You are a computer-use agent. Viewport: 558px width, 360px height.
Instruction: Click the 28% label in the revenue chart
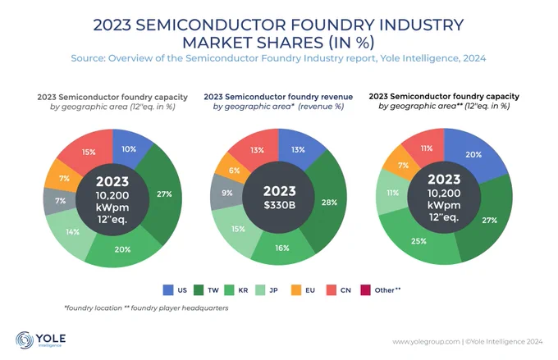(x=329, y=203)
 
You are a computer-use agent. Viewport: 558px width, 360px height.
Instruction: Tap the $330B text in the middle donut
(x=280, y=205)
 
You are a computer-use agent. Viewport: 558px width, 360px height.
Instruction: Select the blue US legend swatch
(x=168, y=290)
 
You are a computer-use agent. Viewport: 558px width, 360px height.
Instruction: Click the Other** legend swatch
(x=365, y=290)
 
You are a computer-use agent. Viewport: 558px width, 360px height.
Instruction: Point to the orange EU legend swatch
(x=296, y=290)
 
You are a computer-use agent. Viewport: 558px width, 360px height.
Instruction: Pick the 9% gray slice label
(x=227, y=193)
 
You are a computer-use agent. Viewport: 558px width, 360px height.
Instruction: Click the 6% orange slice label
(x=234, y=171)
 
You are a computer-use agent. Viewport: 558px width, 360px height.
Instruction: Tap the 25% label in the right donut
(x=418, y=241)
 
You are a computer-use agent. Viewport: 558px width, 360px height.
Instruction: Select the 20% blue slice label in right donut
(x=473, y=155)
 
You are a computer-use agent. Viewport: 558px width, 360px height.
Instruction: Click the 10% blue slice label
(x=129, y=149)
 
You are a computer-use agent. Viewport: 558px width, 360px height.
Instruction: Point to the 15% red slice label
(x=89, y=153)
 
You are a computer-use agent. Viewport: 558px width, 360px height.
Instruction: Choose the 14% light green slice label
(x=72, y=232)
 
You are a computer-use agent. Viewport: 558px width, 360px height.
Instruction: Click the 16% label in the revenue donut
(x=282, y=248)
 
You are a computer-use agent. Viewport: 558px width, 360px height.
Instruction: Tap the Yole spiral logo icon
(x=24, y=340)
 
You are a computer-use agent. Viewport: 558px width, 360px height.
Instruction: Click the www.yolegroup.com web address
(x=426, y=342)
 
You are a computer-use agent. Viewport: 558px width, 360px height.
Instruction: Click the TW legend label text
(x=213, y=290)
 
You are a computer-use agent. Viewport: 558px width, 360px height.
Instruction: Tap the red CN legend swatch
(x=332, y=290)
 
